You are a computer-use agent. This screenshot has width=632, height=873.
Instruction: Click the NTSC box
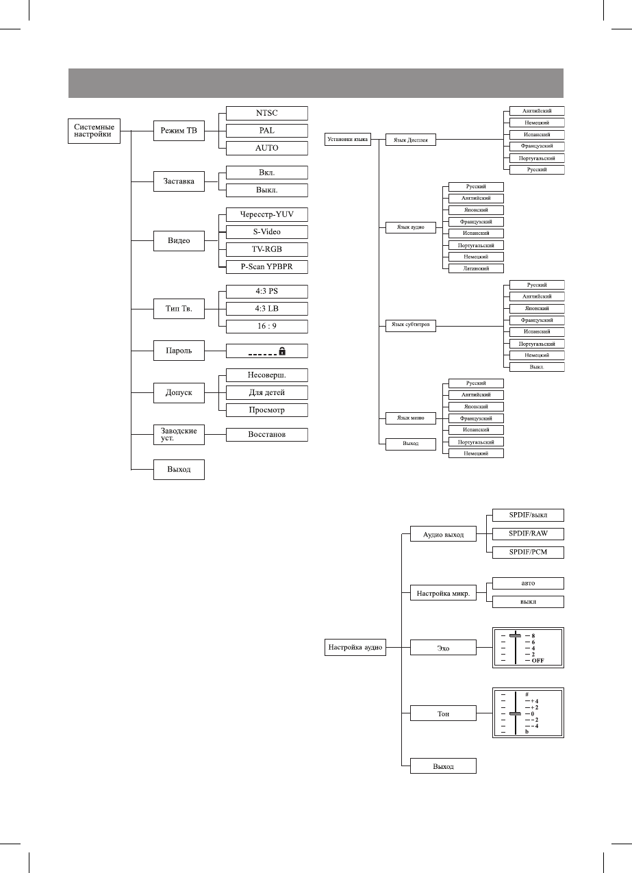click(266, 112)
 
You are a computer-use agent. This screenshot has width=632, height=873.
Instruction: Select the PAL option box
click(266, 130)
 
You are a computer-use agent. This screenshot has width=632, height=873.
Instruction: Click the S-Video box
click(266, 231)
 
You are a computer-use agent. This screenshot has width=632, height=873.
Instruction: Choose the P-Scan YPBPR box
click(266, 267)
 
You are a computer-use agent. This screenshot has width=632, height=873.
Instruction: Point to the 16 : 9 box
click(266, 326)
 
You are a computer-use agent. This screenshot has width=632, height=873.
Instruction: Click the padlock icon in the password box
click(282, 351)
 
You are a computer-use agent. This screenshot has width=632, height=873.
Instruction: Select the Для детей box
click(266, 392)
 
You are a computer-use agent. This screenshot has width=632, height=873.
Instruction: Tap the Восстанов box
click(266, 434)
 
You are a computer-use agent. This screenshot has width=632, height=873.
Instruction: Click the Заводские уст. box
click(179, 434)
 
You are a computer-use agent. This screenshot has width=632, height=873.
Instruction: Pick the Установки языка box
click(346, 140)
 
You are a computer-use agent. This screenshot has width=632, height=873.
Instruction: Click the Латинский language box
click(475, 268)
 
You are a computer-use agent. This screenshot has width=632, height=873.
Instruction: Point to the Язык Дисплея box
click(411, 140)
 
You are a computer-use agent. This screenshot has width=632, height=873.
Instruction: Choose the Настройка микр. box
click(442, 594)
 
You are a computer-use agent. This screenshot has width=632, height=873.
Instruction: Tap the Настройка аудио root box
click(355, 646)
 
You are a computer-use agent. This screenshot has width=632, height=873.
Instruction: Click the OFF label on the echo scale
click(538, 661)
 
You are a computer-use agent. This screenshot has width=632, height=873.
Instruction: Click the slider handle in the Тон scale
click(514, 714)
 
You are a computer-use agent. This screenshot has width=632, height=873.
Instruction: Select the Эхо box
click(442, 647)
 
